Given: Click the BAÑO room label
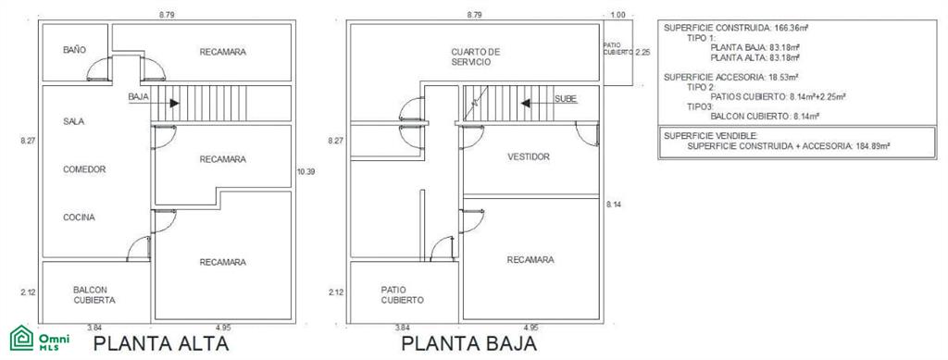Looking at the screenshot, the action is click(74, 50).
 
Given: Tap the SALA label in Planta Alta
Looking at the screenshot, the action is click(74, 121).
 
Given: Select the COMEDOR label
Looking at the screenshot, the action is click(84, 169).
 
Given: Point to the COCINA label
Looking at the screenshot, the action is click(80, 217).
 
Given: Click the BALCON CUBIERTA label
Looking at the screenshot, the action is click(94, 295).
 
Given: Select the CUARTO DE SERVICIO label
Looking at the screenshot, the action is click(476, 57).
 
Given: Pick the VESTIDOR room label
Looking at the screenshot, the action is click(529, 157).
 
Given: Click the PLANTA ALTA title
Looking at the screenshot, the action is click(161, 343).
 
